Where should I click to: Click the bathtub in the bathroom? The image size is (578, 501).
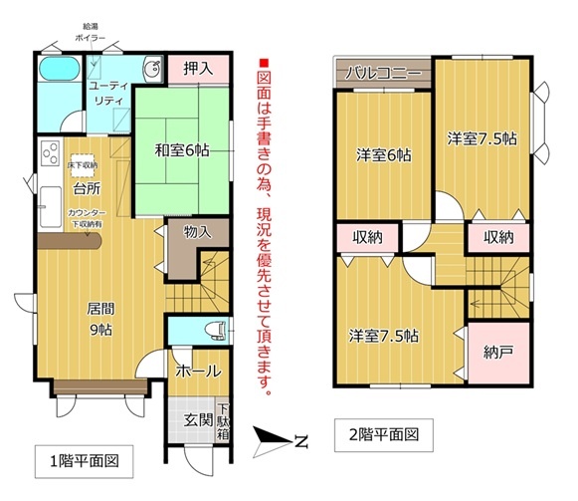coord(60,69)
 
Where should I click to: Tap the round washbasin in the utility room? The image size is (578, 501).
coord(152,69)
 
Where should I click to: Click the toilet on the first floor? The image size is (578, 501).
coord(217,330)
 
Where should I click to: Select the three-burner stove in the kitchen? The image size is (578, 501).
coord(50,152)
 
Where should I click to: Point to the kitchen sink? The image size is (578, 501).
coord(51,207)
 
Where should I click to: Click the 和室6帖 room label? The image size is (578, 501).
coord(182,150)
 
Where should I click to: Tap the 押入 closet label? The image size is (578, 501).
coord(198,69)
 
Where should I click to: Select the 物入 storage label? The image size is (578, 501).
coord(198,232)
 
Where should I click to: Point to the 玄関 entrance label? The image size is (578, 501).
coord(199,419)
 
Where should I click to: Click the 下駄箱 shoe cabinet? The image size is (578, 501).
coord(223,421)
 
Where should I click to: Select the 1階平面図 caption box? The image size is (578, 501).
coord(84,461)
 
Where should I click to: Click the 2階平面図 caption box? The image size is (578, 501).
coord(383,435)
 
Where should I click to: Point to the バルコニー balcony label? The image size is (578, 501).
coord(383,73)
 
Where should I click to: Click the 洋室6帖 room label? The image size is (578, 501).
coord(384,155)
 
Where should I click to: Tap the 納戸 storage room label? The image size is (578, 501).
coord(498,353)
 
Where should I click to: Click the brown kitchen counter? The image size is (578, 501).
coord(70,242)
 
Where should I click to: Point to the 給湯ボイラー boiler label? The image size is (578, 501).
coord(91,32)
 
